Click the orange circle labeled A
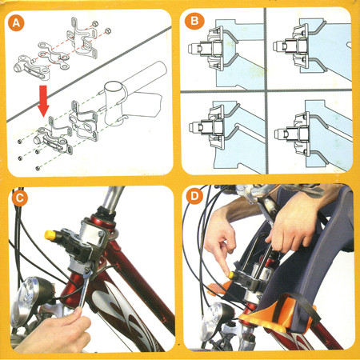pos(16,22)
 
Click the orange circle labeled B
pos(194,21)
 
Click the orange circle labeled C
pos(20,198)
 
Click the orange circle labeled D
pos(194,196)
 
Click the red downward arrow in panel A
pos(43,101)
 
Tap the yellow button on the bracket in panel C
pos(49,235)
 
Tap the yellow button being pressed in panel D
pos(230,274)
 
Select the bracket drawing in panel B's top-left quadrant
pos(210,49)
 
